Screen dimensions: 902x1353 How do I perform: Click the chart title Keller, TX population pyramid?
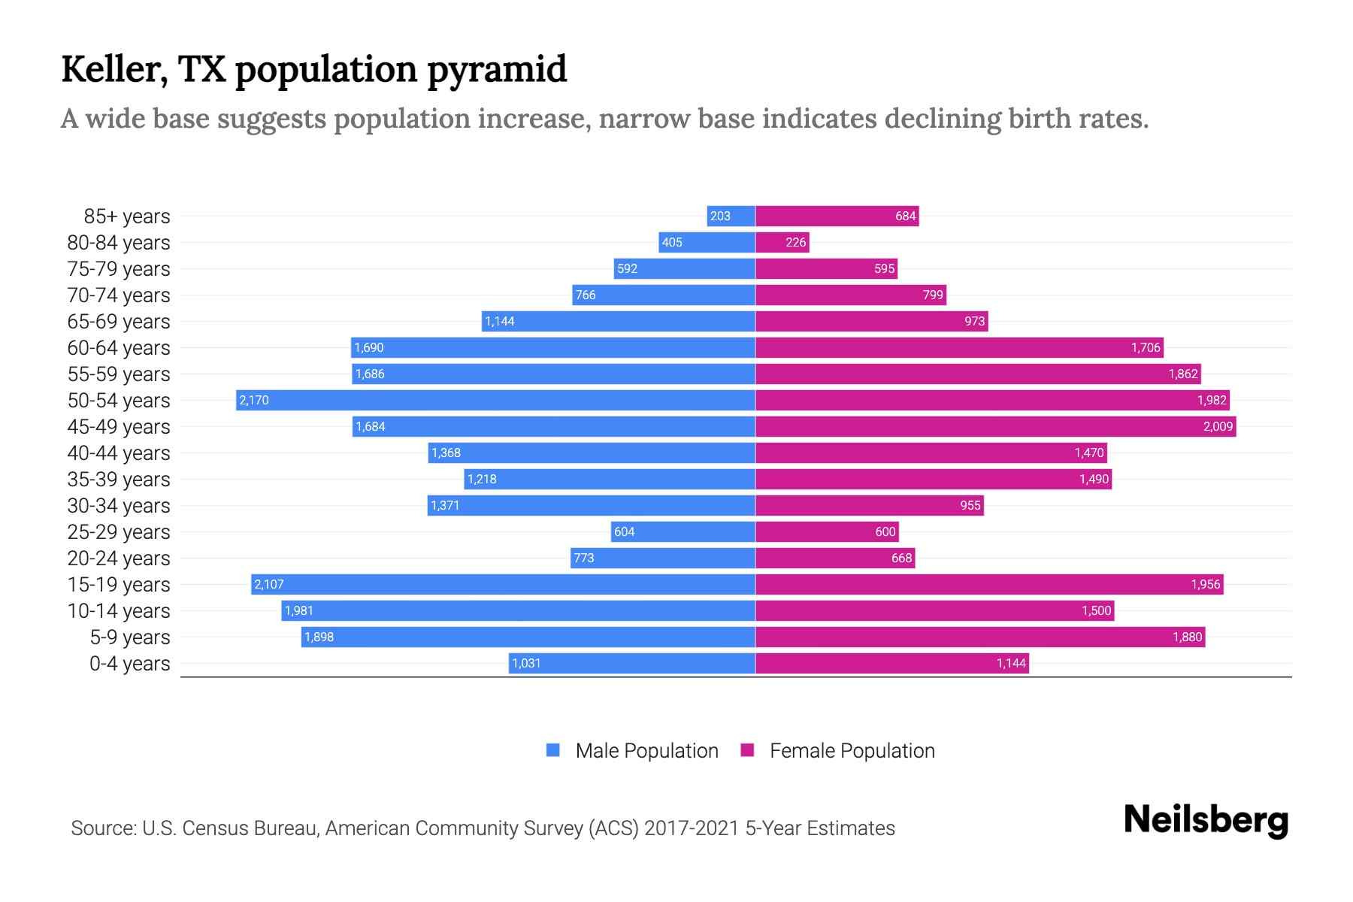tap(313, 69)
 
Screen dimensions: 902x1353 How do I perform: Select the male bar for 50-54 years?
tap(496, 400)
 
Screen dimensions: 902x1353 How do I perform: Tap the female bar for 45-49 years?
tap(995, 426)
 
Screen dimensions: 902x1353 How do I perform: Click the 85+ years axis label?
tap(127, 216)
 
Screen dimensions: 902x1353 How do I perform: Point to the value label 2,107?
tap(269, 585)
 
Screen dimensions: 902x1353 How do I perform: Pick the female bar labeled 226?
tap(782, 242)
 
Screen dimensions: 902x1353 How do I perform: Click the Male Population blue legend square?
tap(553, 750)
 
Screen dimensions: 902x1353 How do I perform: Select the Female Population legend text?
tap(852, 751)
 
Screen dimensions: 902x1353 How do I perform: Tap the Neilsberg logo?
tap(1206, 820)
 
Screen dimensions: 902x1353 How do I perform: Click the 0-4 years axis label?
tap(129, 664)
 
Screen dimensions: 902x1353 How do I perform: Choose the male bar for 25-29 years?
tap(683, 531)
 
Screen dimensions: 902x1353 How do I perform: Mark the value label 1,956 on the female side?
tap(1205, 585)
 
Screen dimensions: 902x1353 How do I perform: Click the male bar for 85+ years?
tap(731, 216)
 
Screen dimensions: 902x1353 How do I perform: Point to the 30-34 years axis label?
tap(119, 506)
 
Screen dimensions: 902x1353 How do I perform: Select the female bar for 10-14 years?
tap(934, 610)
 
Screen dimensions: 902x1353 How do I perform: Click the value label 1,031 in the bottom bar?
tap(526, 664)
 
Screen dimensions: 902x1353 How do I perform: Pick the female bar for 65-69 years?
tap(871, 321)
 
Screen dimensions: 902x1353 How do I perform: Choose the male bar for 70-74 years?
tap(664, 295)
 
